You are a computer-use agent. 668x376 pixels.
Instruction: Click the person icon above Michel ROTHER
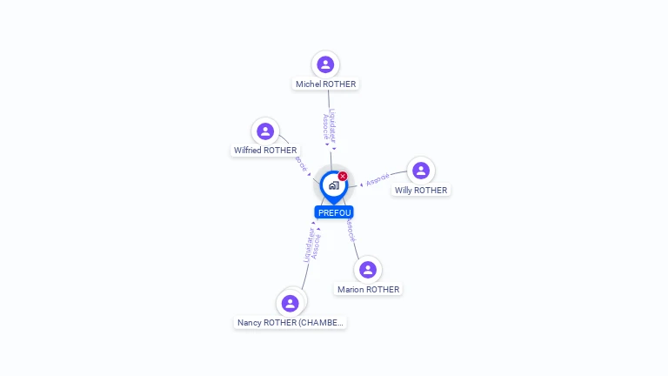[x=325, y=64]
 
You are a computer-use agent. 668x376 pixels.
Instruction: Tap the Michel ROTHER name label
[x=325, y=84]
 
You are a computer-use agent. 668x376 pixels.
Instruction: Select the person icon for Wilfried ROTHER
[x=265, y=131]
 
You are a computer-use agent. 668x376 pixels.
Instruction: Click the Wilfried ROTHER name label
[x=265, y=151]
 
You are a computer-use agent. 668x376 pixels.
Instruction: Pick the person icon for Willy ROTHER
[x=421, y=171]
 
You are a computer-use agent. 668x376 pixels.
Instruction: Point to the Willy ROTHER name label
[x=421, y=191]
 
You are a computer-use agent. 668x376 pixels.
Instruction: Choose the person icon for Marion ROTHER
[x=368, y=269]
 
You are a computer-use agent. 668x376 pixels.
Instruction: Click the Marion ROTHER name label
[x=368, y=290]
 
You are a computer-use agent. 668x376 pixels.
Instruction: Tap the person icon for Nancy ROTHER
[x=291, y=303]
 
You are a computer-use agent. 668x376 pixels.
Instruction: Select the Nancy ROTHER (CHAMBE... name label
[x=291, y=323]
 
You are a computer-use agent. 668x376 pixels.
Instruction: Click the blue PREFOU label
[x=334, y=212]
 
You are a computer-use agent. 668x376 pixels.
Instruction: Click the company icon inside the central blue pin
[x=333, y=185]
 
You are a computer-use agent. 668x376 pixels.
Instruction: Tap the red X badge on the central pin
[x=343, y=177]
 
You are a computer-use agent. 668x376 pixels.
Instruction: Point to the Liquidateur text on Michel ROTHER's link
[x=332, y=124]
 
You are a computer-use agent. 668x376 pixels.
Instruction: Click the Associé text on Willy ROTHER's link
[x=377, y=180]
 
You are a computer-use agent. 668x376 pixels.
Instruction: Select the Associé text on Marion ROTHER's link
[x=350, y=230]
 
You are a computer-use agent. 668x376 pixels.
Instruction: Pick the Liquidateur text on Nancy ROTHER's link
[x=307, y=246]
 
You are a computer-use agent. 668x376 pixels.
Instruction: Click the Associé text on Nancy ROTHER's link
[x=316, y=246]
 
